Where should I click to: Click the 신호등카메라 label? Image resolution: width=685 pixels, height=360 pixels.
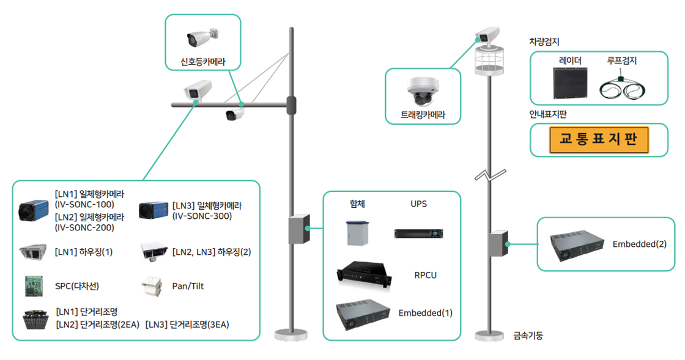click(x=203, y=61)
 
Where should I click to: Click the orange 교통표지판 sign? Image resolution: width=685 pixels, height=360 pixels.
click(x=599, y=140)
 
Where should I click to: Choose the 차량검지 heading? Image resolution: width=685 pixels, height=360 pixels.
click(x=544, y=42)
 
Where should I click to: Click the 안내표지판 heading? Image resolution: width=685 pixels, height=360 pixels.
click(x=548, y=113)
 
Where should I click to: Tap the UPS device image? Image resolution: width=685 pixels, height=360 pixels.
click(x=418, y=233)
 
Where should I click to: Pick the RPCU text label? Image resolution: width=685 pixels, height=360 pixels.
click(x=425, y=275)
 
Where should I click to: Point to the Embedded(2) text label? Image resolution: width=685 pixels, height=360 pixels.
click(x=639, y=244)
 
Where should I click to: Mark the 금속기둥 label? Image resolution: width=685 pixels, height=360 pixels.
click(x=528, y=336)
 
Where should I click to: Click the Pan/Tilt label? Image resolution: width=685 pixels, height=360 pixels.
click(x=188, y=286)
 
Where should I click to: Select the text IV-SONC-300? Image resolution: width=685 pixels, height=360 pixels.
click(x=202, y=216)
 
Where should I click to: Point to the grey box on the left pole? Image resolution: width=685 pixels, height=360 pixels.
click(x=299, y=229)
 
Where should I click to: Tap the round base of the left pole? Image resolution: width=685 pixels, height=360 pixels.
click(x=291, y=334)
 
